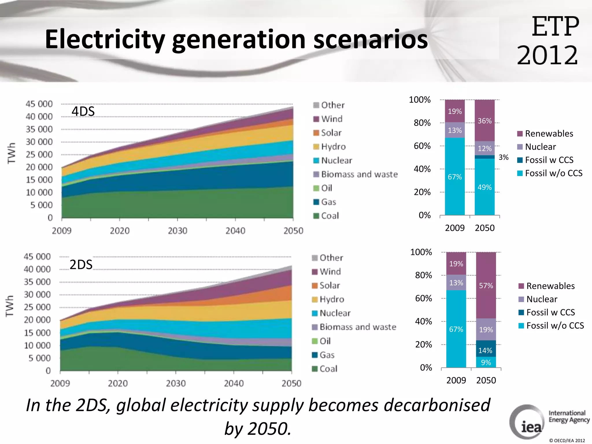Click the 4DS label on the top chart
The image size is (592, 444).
83,111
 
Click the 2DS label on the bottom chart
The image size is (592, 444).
81,264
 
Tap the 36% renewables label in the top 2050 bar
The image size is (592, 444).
484,121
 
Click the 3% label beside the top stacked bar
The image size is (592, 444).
503,157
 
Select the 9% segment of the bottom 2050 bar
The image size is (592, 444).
486,362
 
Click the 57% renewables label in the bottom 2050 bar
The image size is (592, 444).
486,286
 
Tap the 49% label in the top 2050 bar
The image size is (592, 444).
484,187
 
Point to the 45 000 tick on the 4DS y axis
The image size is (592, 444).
39,104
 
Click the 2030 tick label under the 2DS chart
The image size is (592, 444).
176,383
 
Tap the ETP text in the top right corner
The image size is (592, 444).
555,27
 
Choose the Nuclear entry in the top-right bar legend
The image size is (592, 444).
540,147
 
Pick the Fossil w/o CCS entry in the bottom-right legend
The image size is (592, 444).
554,325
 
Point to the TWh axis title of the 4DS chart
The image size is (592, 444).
11,153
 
